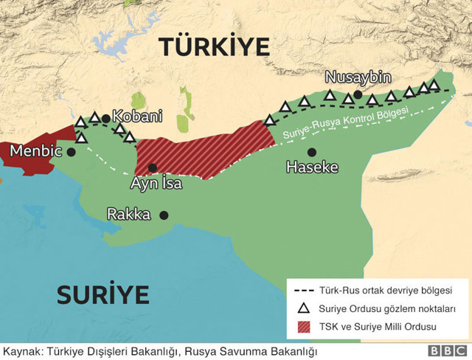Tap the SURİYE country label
[x=103, y=294]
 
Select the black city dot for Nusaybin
[x=358, y=94]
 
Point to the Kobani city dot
[x=106, y=118]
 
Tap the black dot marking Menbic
[x=71, y=152]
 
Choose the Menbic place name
[x=35, y=152]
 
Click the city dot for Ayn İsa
[x=153, y=167]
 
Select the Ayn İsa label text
[x=156, y=183]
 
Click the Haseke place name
[x=313, y=167]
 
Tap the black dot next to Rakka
[x=164, y=215]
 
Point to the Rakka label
[x=129, y=215]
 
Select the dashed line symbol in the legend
[x=303, y=291]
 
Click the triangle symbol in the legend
[x=302, y=308]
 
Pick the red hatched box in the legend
[x=303, y=326]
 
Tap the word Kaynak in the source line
[x=21, y=350]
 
